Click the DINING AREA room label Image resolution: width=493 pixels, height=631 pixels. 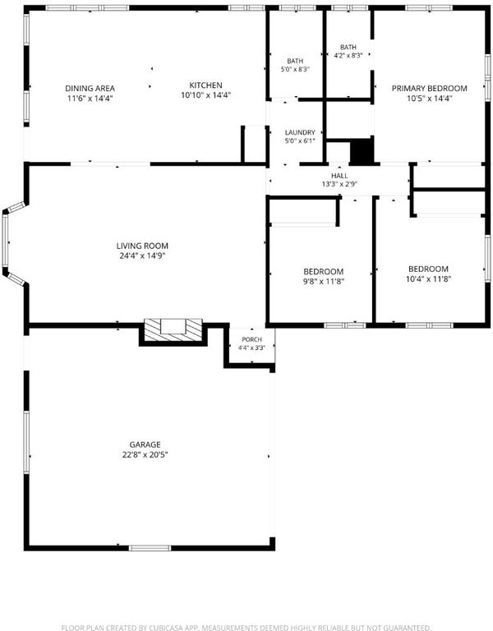pos(90,88)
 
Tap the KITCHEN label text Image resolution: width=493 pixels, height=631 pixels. pos(205,85)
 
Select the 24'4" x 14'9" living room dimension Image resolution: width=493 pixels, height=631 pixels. pos(142,256)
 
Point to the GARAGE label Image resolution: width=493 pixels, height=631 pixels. pos(145,444)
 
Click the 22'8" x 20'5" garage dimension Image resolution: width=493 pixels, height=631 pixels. pos(145,454)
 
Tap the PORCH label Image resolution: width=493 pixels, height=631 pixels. pos(252,339)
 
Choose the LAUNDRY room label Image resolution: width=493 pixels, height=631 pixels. pos(300,132)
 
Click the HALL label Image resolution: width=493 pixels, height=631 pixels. pos(339,176)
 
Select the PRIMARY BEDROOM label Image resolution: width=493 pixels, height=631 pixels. pos(430,88)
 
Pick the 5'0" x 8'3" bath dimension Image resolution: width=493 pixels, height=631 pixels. pos(295,69)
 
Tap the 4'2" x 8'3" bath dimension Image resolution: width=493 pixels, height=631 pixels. pos(348,56)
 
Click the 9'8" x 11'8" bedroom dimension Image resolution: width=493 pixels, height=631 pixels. pos(324,281)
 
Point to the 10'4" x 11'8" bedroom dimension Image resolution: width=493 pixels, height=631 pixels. pos(428,279)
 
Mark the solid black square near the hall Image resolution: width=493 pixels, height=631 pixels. pos(362,151)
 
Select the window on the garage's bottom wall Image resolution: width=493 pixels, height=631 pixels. pos(150,548)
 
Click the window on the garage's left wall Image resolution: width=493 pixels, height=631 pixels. pos(26,441)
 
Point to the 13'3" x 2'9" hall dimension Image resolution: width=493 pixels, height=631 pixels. pos(339,184)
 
